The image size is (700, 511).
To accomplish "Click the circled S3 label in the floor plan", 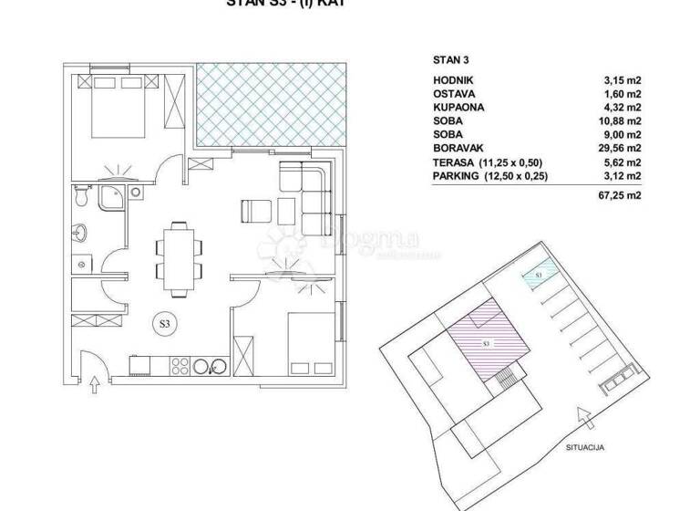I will point(166,322).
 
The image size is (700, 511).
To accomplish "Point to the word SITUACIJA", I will point(585,446).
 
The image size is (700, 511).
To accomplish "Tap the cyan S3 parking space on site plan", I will point(539,273).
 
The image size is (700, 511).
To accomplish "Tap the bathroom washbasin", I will point(82,231).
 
